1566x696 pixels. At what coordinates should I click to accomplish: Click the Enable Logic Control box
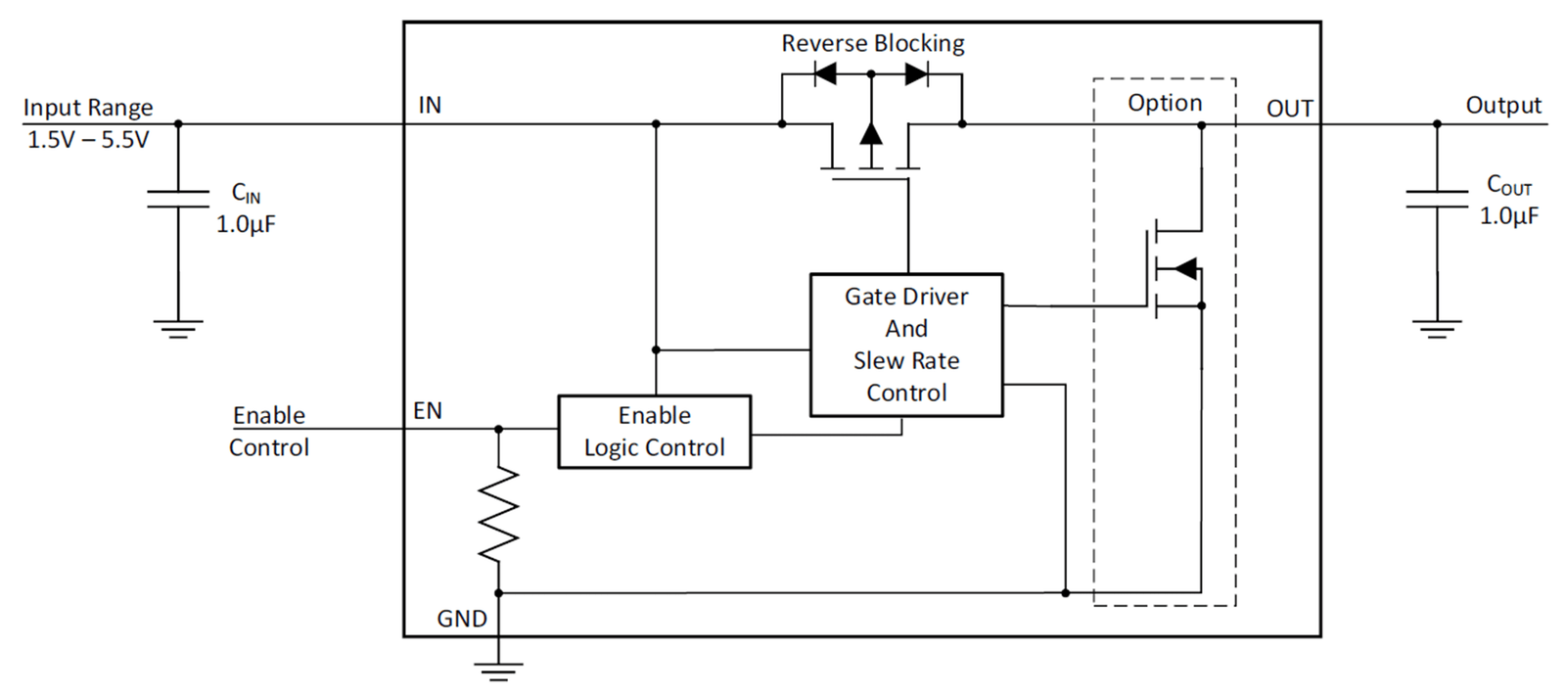(655, 432)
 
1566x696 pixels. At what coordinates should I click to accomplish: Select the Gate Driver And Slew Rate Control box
(906, 345)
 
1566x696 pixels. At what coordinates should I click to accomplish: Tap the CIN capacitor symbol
(178, 199)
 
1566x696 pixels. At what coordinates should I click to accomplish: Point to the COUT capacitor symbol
(1437, 199)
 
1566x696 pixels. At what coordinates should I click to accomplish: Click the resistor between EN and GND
(498, 514)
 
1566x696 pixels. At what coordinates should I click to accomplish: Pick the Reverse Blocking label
(872, 43)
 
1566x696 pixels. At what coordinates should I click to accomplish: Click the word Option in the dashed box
(1165, 103)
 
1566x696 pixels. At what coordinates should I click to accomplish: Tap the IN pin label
(430, 105)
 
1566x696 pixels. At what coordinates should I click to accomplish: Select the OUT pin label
(1290, 109)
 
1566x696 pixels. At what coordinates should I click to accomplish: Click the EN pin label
(427, 410)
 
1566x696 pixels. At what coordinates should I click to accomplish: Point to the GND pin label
(461, 619)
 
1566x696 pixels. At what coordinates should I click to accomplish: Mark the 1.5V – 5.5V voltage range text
(88, 140)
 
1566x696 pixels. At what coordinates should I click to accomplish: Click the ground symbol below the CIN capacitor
(178, 330)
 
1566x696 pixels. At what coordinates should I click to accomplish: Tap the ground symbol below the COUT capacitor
(1437, 330)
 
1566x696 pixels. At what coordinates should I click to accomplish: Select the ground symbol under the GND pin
(498, 672)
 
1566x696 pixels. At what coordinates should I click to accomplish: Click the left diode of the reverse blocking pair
(826, 73)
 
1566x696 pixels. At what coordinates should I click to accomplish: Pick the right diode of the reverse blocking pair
(916, 73)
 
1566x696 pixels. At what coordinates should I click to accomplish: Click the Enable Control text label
(269, 431)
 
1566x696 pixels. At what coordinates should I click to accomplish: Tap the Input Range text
(88, 108)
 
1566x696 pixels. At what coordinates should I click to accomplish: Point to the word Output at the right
(1503, 105)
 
